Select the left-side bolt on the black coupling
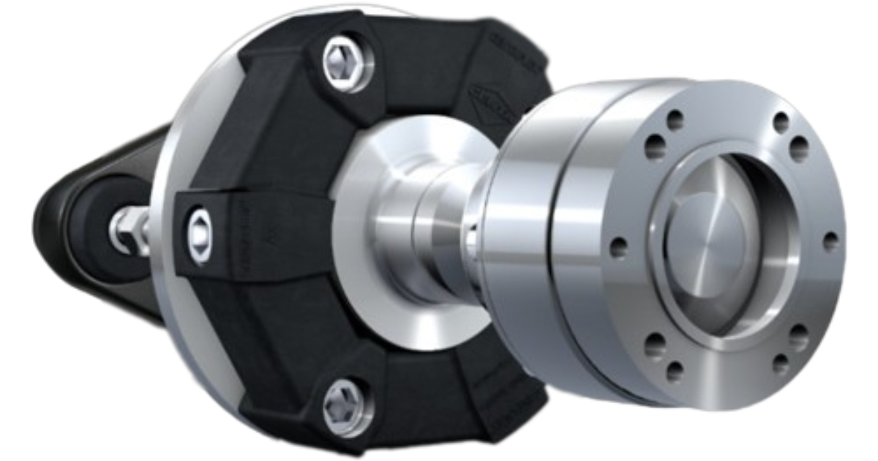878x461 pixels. (x=199, y=233)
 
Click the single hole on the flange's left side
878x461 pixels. (x=619, y=247)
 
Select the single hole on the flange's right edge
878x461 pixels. (x=830, y=241)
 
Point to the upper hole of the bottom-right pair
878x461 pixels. (x=799, y=337)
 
